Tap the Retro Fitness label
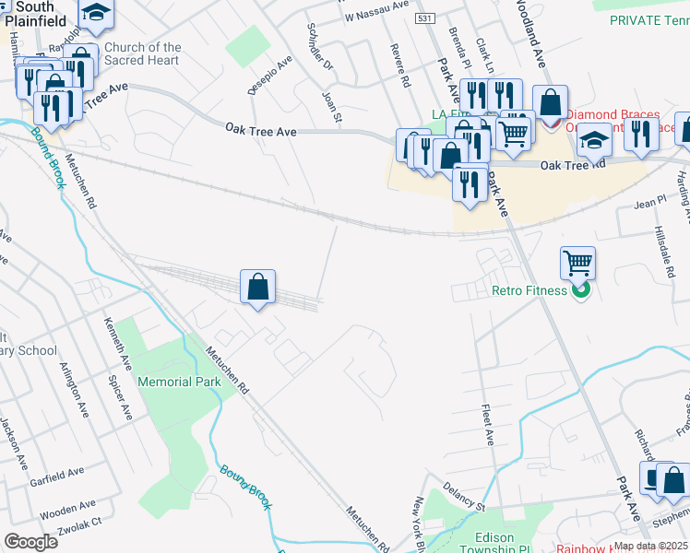tap(506, 292)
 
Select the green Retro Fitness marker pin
tap(580, 291)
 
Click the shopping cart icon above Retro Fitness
tap(577, 264)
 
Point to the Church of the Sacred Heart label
tap(143, 54)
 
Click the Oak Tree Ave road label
tap(262, 132)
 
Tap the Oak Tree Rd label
tap(572, 165)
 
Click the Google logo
tap(30, 541)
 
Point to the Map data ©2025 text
tap(651, 546)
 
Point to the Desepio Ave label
tap(269, 74)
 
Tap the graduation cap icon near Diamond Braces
tap(595, 140)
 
